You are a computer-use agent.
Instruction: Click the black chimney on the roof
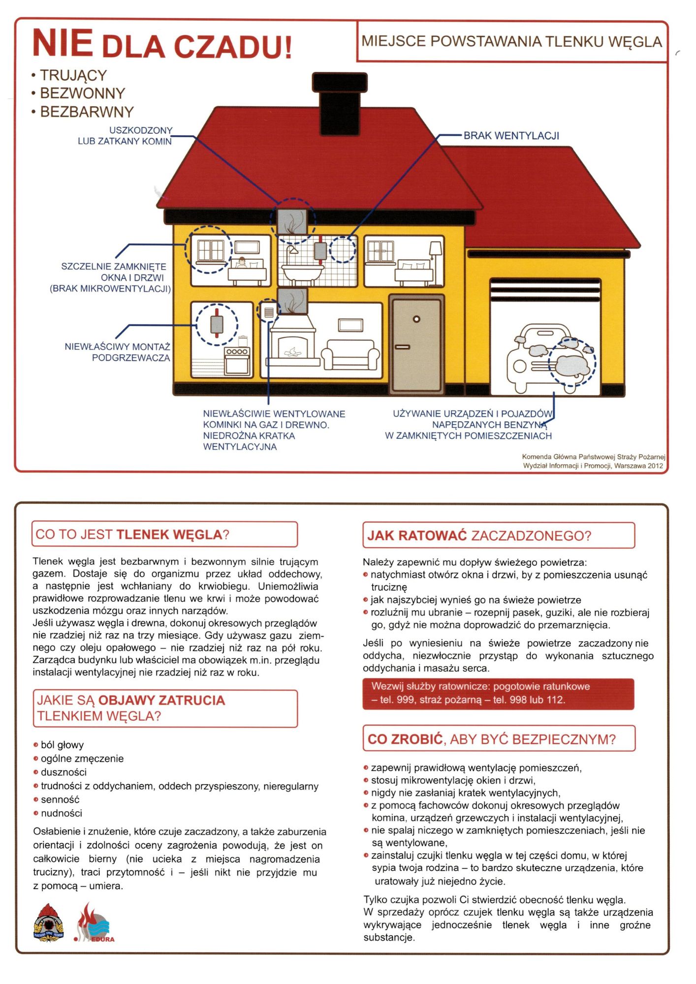pos(340,93)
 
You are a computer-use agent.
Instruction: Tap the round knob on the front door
pos(416,319)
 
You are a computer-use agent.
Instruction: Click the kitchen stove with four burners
pos(237,361)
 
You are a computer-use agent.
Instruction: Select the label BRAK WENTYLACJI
pos(511,136)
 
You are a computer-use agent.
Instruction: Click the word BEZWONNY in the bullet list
pos(82,93)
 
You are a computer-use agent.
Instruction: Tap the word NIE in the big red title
pos(62,43)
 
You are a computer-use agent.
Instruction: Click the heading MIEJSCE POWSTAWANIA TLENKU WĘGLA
pos(511,42)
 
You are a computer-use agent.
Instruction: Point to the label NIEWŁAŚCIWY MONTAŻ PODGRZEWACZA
pos(118,352)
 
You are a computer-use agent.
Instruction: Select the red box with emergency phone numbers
pos(498,693)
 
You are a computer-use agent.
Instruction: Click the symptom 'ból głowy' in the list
pos(62,745)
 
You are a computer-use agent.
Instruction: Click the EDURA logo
pos(95,923)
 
